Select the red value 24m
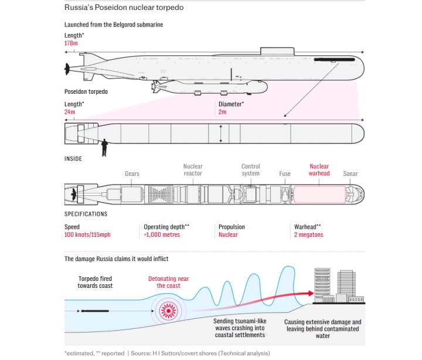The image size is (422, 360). (x=70, y=111)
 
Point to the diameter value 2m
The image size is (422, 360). (x=223, y=111)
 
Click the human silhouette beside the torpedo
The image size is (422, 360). (x=104, y=147)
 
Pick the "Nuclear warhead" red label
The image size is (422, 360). (x=319, y=170)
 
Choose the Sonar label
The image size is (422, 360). (x=350, y=174)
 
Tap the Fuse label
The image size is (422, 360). (x=285, y=174)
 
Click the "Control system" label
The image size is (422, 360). (x=251, y=170)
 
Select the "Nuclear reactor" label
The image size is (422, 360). (x=193, y=170)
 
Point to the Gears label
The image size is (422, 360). (x=132, y=174)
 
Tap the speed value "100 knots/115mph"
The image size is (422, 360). (x=87, y=235)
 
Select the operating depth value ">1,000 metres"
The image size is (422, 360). (x=162, y=235)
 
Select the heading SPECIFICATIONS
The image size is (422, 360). (x=86, y=214)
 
